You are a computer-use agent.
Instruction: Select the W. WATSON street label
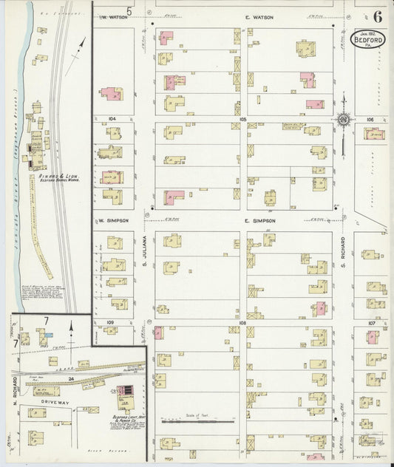[115, 16]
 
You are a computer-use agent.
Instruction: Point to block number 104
[112, 118]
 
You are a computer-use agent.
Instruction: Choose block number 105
[242, 118]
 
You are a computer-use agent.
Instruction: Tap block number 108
[242, 324]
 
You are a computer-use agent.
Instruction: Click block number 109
[111, 324]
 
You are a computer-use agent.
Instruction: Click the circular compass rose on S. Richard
[344, 119]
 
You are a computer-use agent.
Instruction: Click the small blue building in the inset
[47, 335]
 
